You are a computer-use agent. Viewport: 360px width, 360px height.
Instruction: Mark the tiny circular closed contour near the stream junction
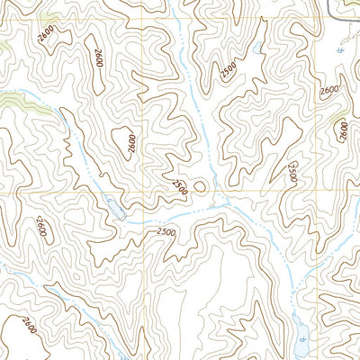(x=198, y=186)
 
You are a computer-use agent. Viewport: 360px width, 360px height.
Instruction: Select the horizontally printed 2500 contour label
(x=164, y=233)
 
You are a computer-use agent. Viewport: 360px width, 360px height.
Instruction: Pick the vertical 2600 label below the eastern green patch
(x=343, y=131)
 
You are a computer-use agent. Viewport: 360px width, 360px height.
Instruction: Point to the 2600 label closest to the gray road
(x=329, y=90)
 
